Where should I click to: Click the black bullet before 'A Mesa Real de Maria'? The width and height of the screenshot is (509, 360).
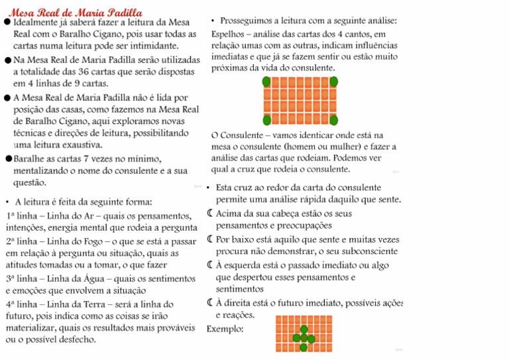pos(7,97)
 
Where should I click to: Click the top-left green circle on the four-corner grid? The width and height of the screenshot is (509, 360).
pos(266,82)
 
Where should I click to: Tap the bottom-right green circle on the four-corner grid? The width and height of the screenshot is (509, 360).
pos(334,120)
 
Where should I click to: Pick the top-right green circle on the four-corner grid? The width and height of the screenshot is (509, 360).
pos(334,82)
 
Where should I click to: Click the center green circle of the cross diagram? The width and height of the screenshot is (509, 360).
pos(304,338)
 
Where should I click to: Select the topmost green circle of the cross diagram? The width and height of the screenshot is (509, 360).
pos(304,330)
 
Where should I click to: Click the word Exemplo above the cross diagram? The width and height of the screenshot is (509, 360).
pos(225,329)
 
